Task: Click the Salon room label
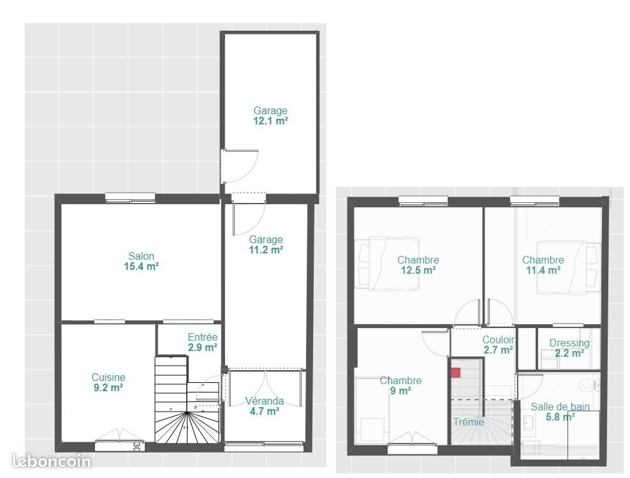(141, 257)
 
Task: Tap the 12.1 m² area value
(270, 121)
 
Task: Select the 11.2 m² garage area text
(266, 250)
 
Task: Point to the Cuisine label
(108, 377)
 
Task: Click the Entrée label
(203, 337)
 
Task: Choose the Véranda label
(264, 401)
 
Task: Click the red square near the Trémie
(456, 373)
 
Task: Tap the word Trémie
(469, 422)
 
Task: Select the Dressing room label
(569, 343)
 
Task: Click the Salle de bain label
(560, 407)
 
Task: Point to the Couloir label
(498, 340)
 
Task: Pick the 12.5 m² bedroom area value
(418, 270)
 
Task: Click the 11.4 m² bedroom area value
(543, 270)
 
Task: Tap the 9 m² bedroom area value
(400, 391)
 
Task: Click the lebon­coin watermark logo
(52, 461)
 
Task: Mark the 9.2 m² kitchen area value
(108, 387)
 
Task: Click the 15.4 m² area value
(141, 267)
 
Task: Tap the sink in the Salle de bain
(529, 422)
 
